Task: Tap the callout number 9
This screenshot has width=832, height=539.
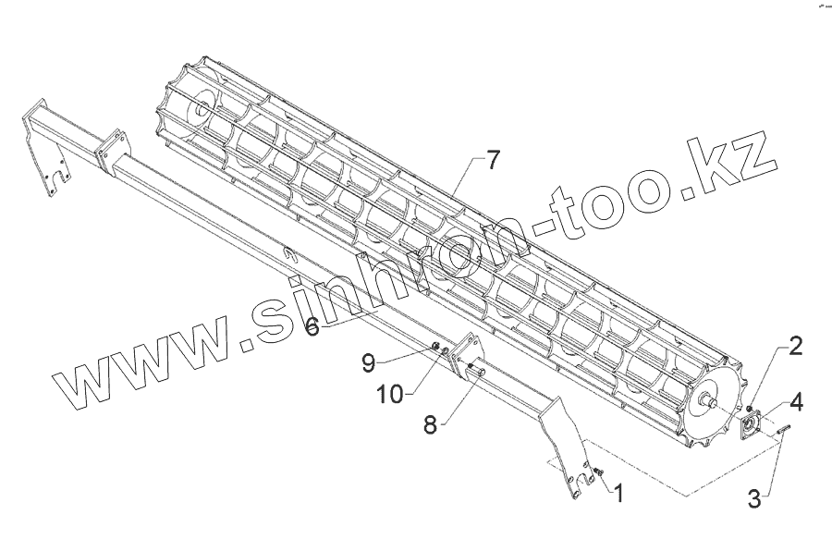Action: point(368,362)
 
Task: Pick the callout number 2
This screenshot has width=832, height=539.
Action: point(795,347)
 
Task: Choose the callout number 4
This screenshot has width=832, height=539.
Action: point(796,403)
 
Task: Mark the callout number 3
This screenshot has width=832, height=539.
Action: point(755,499)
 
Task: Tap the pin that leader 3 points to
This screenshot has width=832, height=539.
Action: point(782,427)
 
